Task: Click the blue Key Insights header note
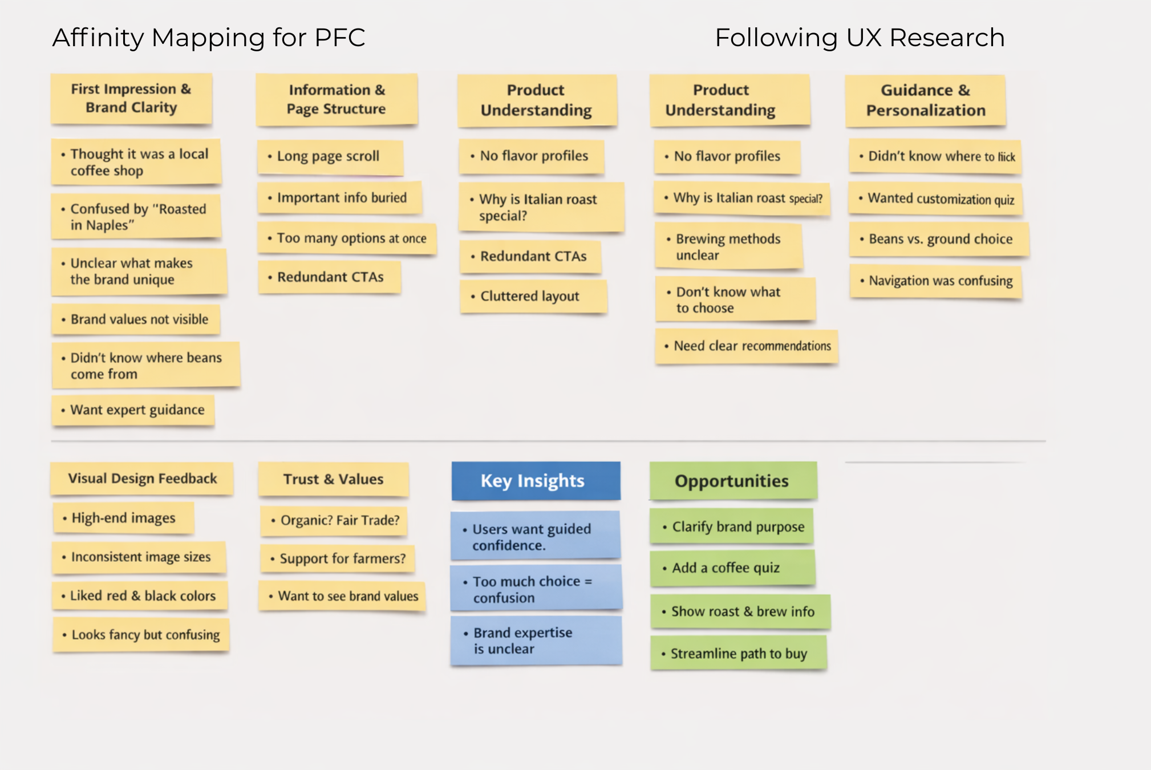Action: click(x=536, y=481)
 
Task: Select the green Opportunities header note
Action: click(x=733, y=481)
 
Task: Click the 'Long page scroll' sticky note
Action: click(x=330, y=157)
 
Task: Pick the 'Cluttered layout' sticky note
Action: click(x=533, y=297)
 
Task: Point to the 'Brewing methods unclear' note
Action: click(x=728, y=246)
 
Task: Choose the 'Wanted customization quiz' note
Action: click(x=935, y=198)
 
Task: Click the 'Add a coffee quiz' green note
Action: click(x=732, y=568)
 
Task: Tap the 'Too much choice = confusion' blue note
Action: click(x=535, y=589)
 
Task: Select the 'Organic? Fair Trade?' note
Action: click(x=334, y=521)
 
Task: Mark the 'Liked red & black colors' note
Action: click(x=140, y=596)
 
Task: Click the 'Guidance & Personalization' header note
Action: click(x=925, y=100)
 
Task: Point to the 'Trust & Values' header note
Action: click(x=333, y=479)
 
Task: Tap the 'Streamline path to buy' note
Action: click(x=738, y=654)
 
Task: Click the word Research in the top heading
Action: click(x=947, y=38)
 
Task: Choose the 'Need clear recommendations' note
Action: click(x=747, y=346)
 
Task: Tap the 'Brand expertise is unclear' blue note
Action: click(x=535, y=641)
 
